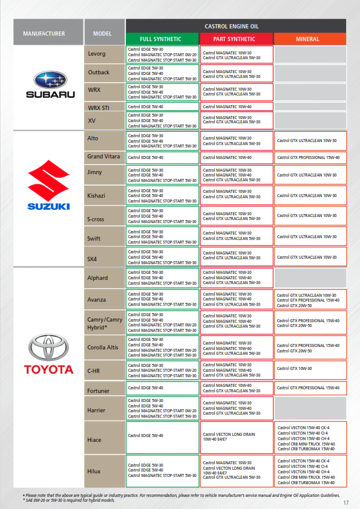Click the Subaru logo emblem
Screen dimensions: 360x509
(50, 80)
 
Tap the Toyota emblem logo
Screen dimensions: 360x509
(48, 347)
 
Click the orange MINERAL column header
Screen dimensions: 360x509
(310, 39)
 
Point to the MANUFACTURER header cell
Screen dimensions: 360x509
(44, 33)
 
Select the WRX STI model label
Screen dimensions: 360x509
(99, 108)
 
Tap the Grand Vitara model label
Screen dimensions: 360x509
(103, 157)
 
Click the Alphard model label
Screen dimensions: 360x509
(98, 278)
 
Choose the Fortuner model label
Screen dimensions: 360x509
(99, 391)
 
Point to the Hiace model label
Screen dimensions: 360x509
(95, 440)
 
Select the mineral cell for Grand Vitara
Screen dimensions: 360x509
(310, 157)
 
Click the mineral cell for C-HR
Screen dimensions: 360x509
(310, 368)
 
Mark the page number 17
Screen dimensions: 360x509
(346, 502)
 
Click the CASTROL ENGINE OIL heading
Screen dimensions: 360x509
(235, 25)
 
